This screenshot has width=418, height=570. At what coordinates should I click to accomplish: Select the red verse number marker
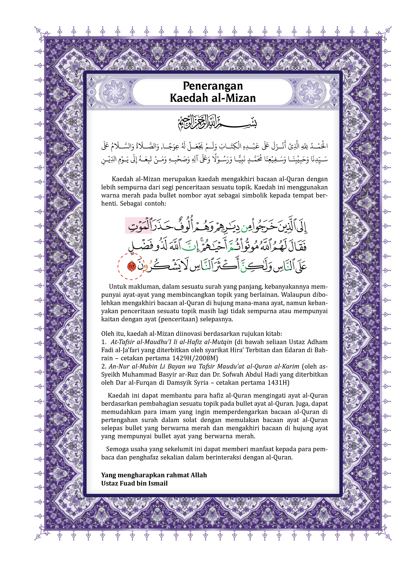(x=132, y=266)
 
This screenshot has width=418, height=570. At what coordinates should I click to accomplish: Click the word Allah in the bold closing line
(x=199, y=475)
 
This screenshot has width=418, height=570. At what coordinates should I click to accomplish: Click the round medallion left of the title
(x=113, y=92)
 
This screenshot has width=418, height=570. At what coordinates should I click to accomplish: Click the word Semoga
(x=117, y=449)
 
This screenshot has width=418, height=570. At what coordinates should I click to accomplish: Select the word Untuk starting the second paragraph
(x=118, y=287)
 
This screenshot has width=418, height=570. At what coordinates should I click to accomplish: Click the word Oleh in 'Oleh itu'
(x=107, y=334)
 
